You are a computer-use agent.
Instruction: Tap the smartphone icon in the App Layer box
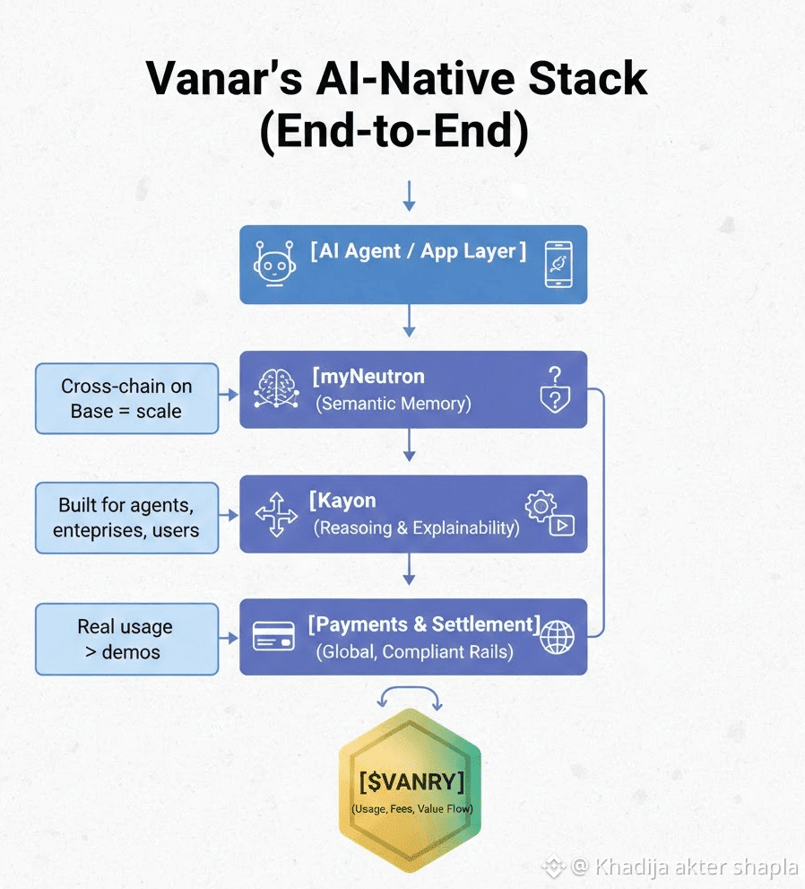click(x=558, y=265)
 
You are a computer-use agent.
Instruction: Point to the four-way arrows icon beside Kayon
click(x=276, y=514)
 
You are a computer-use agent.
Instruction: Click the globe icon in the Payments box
click(x=557, y=638)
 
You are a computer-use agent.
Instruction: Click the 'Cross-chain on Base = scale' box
click(x=126, y=398)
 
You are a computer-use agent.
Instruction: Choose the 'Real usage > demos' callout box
click(x=126, y=639)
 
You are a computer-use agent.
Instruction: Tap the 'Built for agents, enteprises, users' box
click(x=126, y=518)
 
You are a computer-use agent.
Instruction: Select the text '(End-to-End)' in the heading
click(x=394, y=131)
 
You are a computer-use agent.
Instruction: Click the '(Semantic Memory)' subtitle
click(x=394, y=404)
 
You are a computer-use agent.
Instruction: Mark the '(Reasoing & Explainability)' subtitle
click(x=416, y=527)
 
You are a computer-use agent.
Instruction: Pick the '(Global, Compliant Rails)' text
click(x=414, y=651)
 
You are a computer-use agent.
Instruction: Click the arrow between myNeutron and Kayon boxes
click(x=410, y=445)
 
